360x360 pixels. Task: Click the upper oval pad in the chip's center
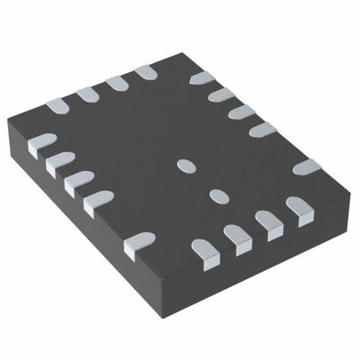pyautogui.click(x=186, y=165)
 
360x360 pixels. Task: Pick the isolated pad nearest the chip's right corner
pyautogui.click(x=307, y=167)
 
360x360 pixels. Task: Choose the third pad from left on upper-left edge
pyautogui.click(x=116, y=83)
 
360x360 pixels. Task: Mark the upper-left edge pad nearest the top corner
pyautogui.click(x=145, y=71)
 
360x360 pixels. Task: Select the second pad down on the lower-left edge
pyautogui.click(x=60, y=161)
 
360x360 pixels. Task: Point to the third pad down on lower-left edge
pyautogui.click(x=77, y=180)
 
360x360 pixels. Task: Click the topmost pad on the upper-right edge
pyautogui.click(x=200, y=79)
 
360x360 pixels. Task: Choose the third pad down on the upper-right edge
pyautogui.click(x=240, y=112)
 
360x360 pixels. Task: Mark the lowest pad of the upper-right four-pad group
pyautogui.click(x=262, y=130)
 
